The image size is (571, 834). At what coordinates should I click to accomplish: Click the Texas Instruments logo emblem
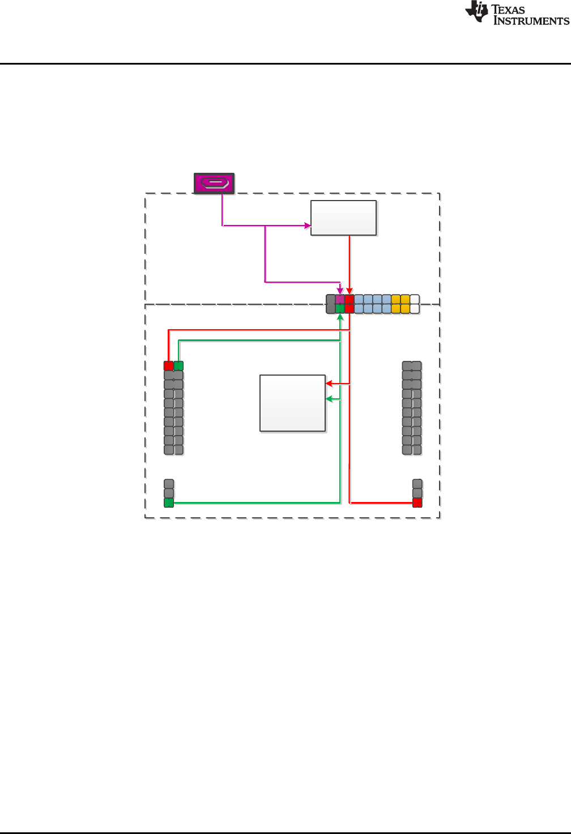(x=476, y=12)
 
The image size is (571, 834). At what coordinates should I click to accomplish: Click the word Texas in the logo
(x=508, y=9)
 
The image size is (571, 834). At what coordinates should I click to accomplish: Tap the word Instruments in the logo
(x=531, y=21)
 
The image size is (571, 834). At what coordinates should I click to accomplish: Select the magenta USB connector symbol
(x=214, y=184)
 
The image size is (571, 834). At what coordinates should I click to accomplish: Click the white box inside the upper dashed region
(x=343, y=218)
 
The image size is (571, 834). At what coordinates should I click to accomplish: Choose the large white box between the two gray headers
(x=292, y=403)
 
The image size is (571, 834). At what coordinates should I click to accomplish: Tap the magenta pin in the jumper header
(x=340, y=299)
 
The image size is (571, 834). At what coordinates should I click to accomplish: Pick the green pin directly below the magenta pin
(x=340, y=309)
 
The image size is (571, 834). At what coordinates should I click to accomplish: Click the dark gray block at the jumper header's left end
(x=331, y=304)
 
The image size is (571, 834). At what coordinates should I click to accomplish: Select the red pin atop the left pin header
(x=168, y=365)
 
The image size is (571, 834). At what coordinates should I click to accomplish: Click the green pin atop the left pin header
(x=178, y=365)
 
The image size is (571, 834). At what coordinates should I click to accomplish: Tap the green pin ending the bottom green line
(x=168, y=503)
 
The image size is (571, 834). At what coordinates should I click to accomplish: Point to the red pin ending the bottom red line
(x=417, y=503)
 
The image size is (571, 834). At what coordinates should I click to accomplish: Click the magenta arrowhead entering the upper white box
(x=308, y=225)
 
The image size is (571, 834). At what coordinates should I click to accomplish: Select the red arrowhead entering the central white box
(x=329, y=384)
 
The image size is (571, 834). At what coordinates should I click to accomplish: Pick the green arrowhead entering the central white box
(x=329, y=399)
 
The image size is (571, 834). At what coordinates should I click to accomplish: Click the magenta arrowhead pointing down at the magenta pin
(x=340, y=291)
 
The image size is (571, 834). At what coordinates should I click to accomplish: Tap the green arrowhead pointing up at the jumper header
(x=340, y=317)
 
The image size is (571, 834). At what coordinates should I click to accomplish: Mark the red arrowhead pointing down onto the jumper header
(x=350, y=291)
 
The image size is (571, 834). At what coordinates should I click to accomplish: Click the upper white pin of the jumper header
(x=415, y=299)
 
